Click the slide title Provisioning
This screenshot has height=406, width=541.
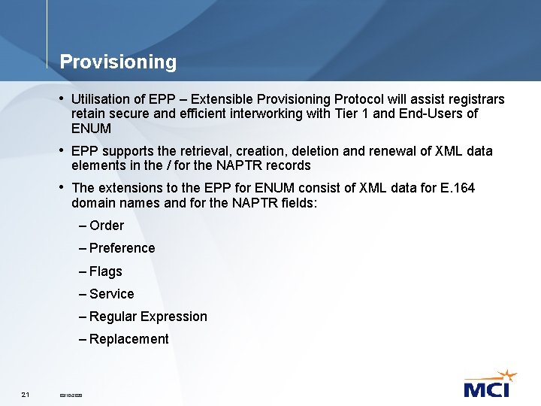coord(118,62)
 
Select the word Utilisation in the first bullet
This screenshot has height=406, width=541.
coord(101,99)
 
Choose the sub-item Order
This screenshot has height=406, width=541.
coord(106,226)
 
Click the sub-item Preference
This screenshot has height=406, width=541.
coord(122,248)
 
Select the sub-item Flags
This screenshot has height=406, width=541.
coord(105,271)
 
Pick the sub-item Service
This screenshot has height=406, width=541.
coord(111,294)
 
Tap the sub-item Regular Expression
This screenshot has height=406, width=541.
coord(148,317)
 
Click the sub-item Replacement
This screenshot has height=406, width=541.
coord(128,339)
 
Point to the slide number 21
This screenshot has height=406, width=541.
coord(26,394)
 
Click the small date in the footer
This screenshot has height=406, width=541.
coord(71,395)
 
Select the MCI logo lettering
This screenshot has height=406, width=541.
coord(486,389)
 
